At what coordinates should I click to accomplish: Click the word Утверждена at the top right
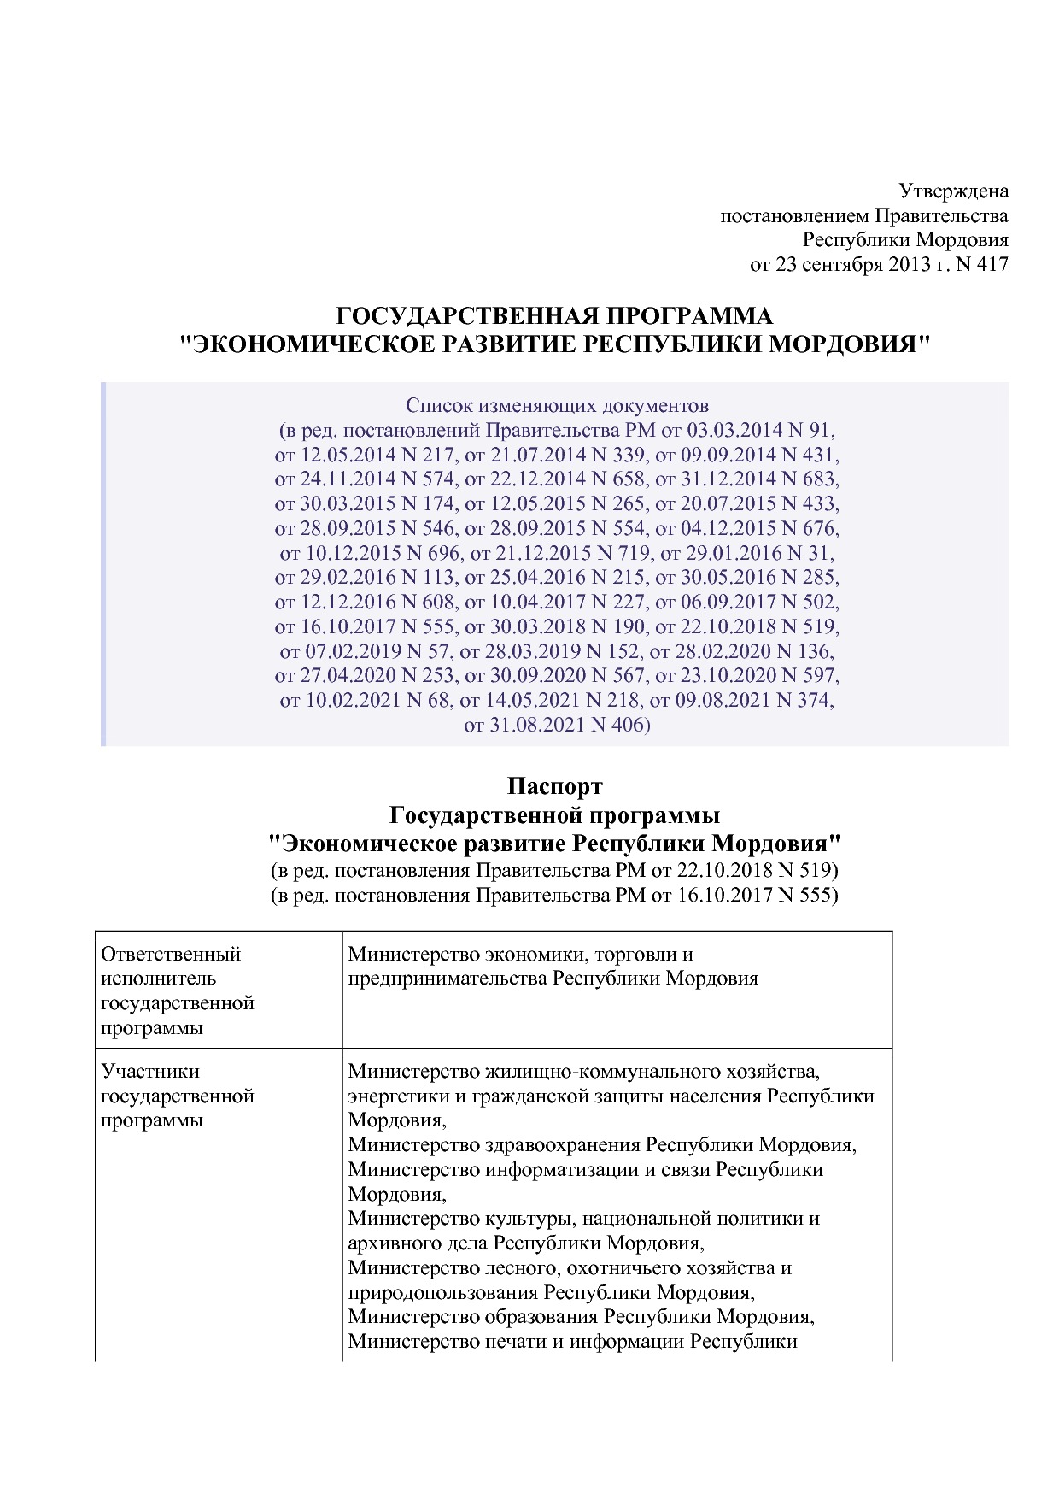(954, 191)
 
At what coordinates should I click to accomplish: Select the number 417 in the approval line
(991, 264)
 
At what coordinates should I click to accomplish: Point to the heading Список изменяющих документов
(557, 404)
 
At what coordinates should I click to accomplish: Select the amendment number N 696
(425, 552)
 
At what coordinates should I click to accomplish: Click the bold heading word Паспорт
(555, 785)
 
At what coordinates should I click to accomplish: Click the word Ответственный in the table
(171, 954)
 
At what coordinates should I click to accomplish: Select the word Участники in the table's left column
(150, 1071)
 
